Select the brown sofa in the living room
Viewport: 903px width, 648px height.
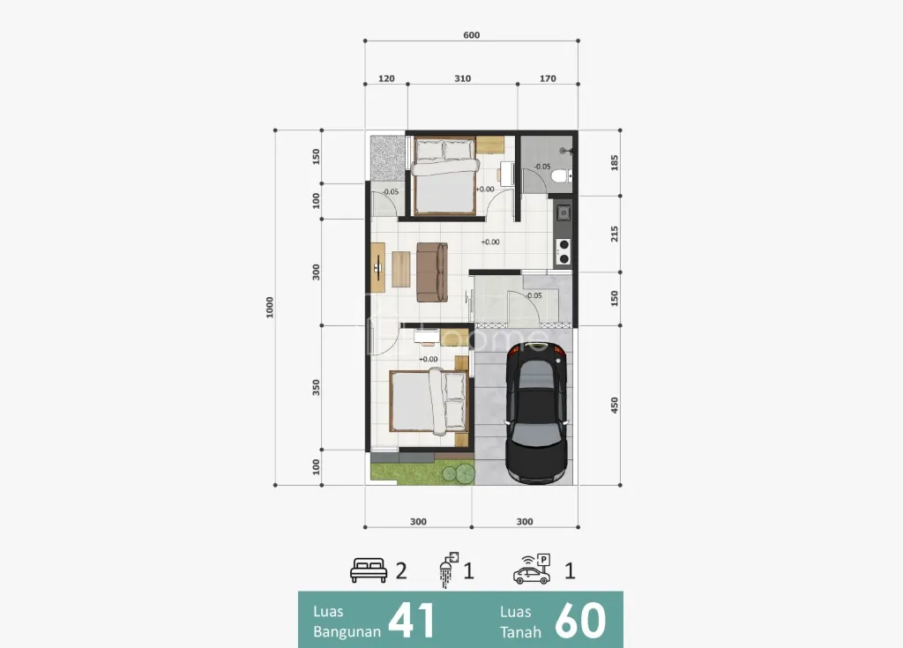coord(432,272)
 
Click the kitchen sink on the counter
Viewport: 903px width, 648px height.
coord(563,212)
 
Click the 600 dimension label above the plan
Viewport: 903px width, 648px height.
coord(471,35)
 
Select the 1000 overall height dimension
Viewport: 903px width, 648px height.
coord(270,308)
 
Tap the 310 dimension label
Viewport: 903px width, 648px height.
coord(462,78)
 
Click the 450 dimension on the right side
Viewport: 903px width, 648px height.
coord(615,405)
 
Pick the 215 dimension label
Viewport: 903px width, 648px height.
coord(615,234)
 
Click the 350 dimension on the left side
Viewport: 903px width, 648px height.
coord(316,387)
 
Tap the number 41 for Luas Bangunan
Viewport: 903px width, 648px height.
coord(411,621)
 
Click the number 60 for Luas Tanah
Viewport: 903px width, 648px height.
coord(580,621)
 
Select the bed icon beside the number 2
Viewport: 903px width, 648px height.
coord(369,570)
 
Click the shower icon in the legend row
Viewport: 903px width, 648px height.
coord(449,570)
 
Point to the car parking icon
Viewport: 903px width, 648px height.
coord(532,570)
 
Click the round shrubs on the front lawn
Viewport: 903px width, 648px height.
coord(459,474)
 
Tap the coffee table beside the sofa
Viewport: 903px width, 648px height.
coord(401,269)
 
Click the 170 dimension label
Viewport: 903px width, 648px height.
coord(548,78)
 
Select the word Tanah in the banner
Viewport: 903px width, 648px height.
coord(520,632)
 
